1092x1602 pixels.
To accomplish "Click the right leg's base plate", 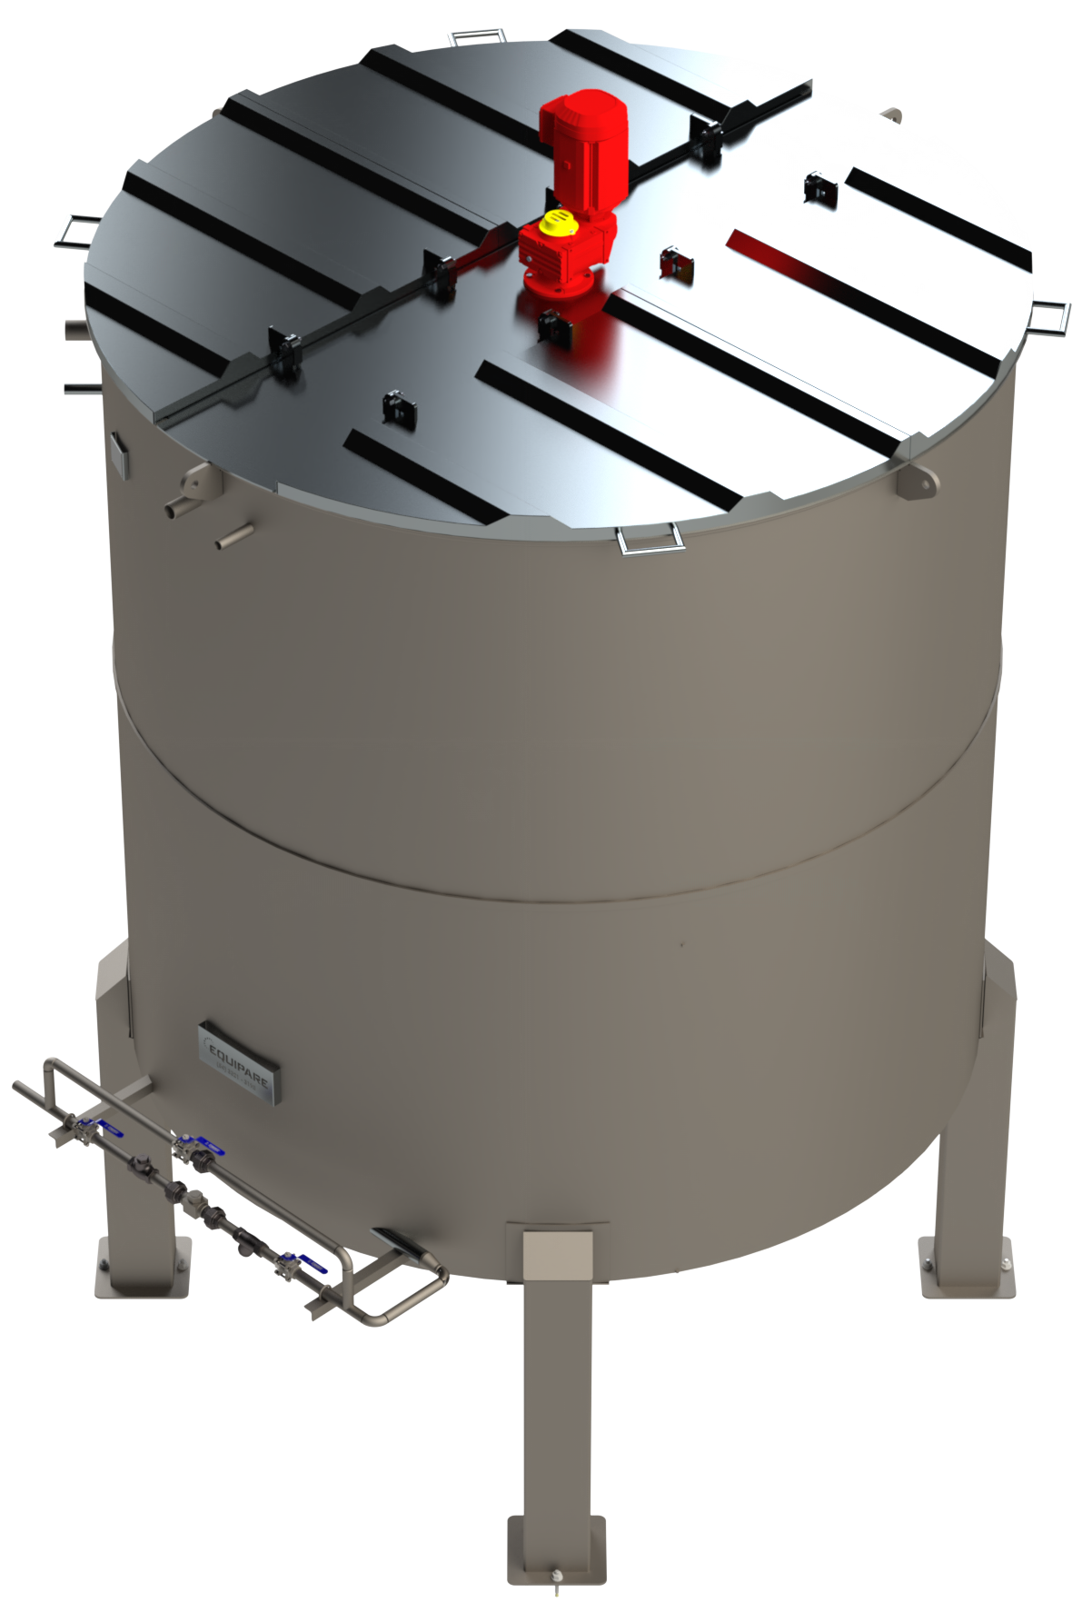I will tap(965, 1267).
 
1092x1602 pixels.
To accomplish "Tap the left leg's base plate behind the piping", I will tap(144, 1268).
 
